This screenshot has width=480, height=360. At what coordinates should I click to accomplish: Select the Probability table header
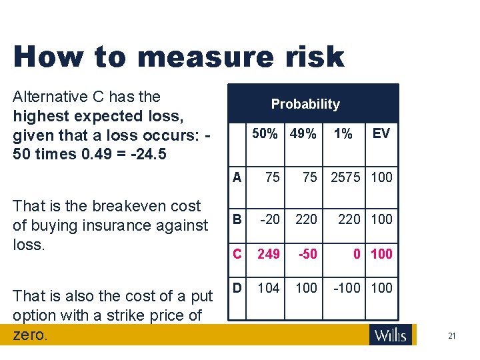(305, 104)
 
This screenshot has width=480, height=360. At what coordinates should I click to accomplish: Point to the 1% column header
(343, 134)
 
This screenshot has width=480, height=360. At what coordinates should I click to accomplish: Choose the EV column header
(381, 134)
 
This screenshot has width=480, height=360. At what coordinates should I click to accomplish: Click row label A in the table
(237, 177)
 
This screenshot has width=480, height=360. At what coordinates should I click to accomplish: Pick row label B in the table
(237, 219)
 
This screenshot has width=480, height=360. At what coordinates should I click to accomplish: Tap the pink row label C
(237, 253)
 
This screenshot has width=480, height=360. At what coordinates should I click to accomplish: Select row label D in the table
(237, 288)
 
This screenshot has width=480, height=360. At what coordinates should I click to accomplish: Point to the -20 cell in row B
(269, 219)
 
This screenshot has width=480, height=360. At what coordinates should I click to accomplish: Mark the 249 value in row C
(269, 253)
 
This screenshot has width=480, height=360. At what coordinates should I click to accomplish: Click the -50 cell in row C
(307, 253)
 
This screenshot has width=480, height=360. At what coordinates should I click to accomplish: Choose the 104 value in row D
(269, 288)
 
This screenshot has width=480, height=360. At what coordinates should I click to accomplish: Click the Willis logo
(391, 335)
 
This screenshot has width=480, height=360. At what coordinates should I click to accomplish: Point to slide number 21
(451, 336)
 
